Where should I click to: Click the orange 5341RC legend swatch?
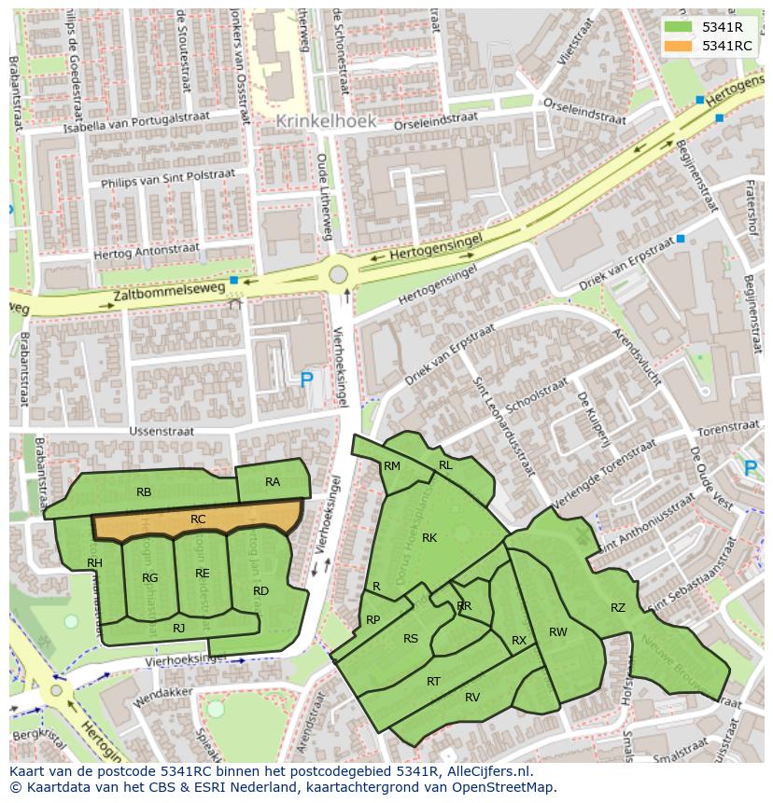[x=678, y=46]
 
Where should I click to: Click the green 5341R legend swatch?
[x=678, y=26]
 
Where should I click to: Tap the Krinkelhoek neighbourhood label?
[x=326, y=121]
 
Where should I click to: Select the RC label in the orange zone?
[x=198, y=519]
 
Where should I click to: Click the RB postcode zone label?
[x=144, y=492]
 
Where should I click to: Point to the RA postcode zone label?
[x=273, y=482]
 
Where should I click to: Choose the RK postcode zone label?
[x=429, y=538]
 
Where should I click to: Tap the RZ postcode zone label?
[x=618, y=608]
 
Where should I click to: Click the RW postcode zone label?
[x=558, y=632]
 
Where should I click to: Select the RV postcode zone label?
[x=472, y=698]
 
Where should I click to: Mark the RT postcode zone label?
[x=433, y=682]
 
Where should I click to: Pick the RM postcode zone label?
[x=392, y=466]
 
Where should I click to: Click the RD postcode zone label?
[x=260, y=591]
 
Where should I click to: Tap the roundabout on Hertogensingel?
[x=338, y=275]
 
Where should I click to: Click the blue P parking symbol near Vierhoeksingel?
[x=306, y=380]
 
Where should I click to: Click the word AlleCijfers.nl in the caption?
[x=488, y=771]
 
